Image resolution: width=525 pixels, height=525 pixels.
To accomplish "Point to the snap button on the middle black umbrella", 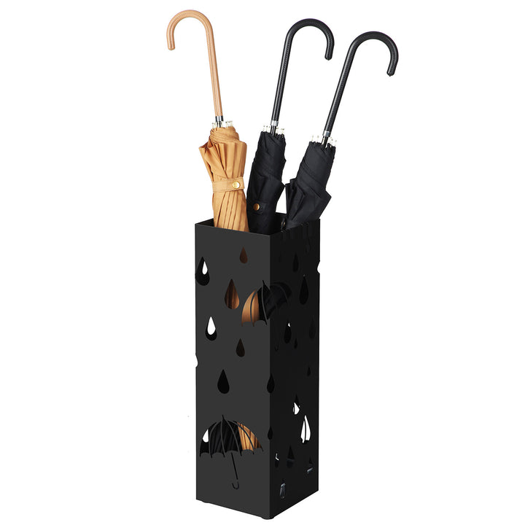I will (256, 207).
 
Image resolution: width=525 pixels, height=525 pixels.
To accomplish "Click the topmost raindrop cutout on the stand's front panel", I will (244, 254).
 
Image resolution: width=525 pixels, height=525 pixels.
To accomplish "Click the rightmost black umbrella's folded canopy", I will (310, 182).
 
